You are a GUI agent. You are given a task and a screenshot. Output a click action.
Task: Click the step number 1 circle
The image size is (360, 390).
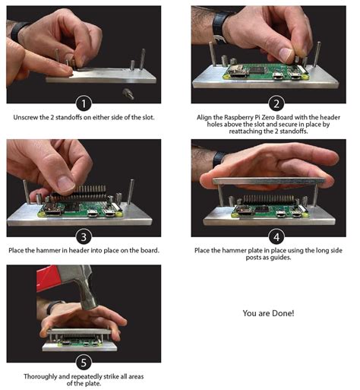click(84, 103)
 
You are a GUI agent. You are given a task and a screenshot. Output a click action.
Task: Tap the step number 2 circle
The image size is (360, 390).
click(276, 103)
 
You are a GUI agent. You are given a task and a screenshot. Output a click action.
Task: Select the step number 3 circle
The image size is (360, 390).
click(84, 237)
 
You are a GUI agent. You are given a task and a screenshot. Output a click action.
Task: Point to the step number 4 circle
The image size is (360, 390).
click(276, 237)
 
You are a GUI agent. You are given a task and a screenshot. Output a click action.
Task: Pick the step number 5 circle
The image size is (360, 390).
click(84, 363)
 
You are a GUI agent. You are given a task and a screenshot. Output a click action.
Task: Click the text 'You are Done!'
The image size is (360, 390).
click(268, 313)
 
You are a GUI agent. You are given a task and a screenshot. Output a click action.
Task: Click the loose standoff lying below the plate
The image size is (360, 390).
click(128, 94)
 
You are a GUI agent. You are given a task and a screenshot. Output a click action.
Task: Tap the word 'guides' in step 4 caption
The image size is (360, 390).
click(280, 258)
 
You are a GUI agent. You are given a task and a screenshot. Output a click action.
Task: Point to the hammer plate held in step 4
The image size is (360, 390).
click(269, 181)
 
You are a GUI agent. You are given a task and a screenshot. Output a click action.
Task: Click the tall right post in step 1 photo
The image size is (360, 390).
click(143, 59)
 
